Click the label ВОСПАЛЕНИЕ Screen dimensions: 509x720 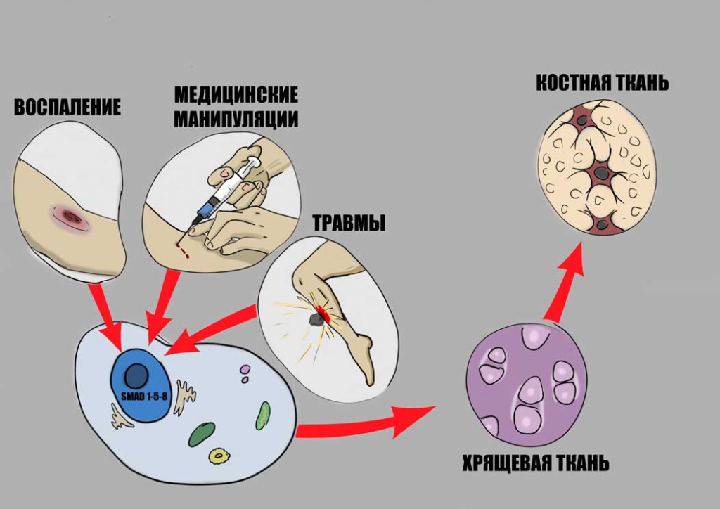[67, 108]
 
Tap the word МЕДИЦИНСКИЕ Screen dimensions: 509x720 [236, 95]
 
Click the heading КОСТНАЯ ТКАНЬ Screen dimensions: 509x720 [602, 83]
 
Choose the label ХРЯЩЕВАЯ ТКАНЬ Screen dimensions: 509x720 [535, 464]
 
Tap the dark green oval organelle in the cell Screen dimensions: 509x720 [202, 434]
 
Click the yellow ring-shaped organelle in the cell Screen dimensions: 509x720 [219, 456]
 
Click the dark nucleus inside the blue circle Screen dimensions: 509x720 [136, 375]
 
